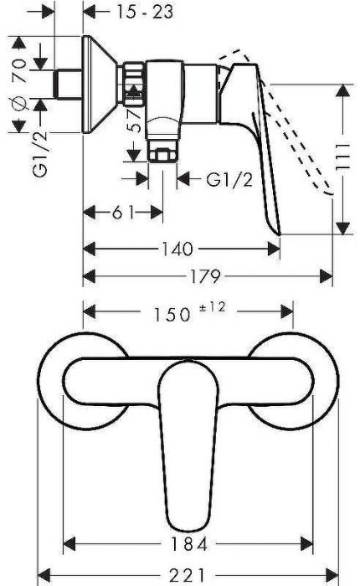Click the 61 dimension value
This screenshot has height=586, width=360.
point(123,212)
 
